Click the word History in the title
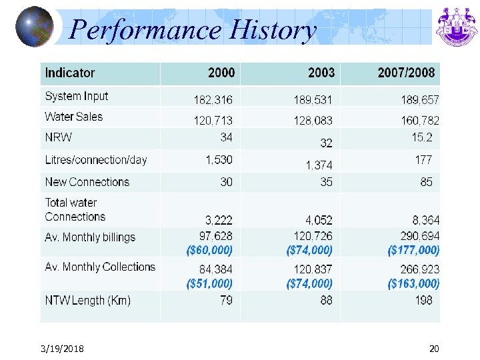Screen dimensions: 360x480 [x=271, y=30]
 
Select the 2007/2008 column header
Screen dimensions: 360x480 [x=405, y=73]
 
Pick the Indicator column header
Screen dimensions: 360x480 [x=70, y=73]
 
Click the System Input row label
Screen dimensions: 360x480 [x=77, y=96]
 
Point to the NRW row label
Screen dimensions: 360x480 [x=59, y=138]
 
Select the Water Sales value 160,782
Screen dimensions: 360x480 [x=420, y=121]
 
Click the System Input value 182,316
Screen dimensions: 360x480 [x=213, y=100]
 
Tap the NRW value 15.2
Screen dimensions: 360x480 [x=422, y=137]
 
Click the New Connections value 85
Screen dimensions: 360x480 [x=426, y=181]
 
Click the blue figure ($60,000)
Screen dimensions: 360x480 [x=209, y=250]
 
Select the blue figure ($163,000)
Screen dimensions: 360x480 [x=413, y=283]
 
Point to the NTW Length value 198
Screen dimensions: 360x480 [x=423, y=300]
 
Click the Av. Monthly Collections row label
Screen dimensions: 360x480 [x=100, y=267]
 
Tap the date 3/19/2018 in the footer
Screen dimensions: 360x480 [x=61, y=349]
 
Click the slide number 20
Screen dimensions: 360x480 [x=434, y=349]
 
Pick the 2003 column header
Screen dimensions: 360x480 [x=321, y=73]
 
